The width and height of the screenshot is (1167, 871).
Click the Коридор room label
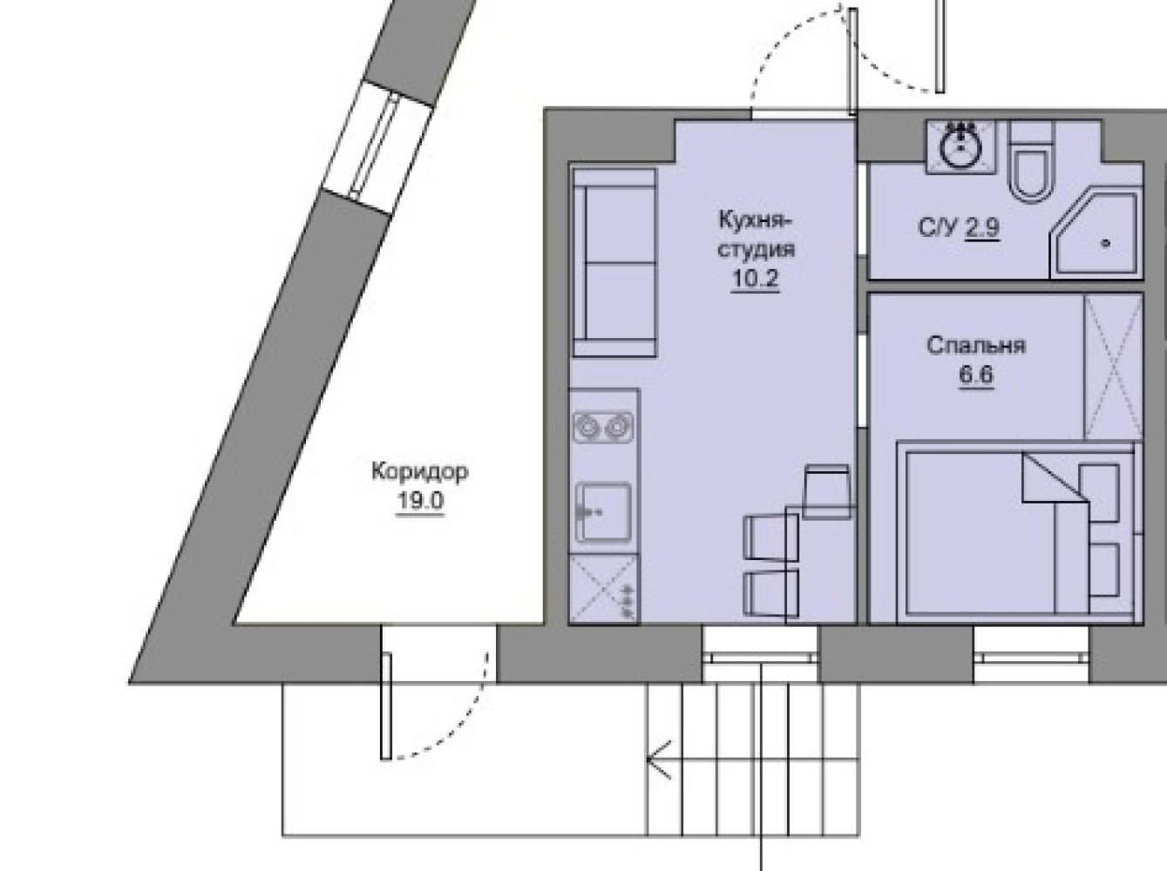420,472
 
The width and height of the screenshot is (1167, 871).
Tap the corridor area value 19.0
420,501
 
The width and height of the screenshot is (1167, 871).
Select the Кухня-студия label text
756,235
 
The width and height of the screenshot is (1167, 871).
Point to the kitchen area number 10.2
756,278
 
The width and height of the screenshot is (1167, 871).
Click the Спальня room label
976,346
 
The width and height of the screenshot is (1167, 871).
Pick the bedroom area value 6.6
976,375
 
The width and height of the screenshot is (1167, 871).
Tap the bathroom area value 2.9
982,228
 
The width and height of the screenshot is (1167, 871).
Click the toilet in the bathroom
1031,161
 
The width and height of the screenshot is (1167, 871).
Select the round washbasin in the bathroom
961,146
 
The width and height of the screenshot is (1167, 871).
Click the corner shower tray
1096,235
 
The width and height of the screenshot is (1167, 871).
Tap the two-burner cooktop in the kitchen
603,428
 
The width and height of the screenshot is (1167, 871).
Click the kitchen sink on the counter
603,512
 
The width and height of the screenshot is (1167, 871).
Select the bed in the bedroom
1015,531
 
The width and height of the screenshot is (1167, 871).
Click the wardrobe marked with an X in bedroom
1113,368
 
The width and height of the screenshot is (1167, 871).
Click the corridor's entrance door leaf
386,706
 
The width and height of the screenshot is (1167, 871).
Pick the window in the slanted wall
377,149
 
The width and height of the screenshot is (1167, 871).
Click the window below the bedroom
1031,654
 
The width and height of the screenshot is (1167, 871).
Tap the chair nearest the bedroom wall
827,491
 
